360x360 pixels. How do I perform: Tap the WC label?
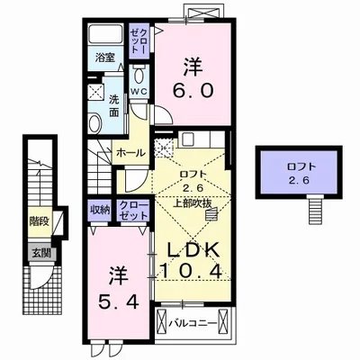click(x=141, y=91)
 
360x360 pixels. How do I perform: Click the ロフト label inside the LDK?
click(x=189, y=176)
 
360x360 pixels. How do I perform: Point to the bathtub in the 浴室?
click(x=108, y=37)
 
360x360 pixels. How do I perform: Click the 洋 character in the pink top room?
click(x=193, y=66)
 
